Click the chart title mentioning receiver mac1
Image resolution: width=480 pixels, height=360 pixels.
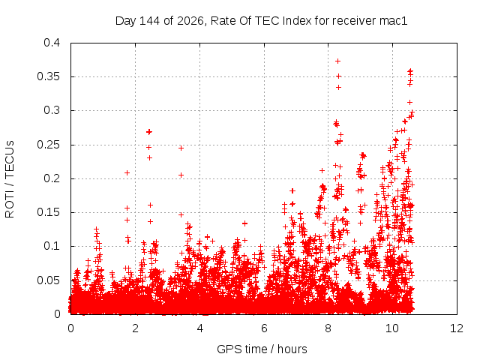(262, 21)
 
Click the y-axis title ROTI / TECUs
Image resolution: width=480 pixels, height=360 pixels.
(10, 179)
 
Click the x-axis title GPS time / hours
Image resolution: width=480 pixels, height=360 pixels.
(262, 349)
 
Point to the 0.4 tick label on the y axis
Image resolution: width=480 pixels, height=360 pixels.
(52, 43)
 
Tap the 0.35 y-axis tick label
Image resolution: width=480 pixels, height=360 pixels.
(48, 76)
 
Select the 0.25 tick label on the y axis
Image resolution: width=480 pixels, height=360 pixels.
(48, 145)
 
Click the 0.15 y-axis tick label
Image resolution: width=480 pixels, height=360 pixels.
(48, 212)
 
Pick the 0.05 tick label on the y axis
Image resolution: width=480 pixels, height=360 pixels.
(48, 280)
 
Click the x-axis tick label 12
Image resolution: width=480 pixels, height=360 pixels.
(457, 328)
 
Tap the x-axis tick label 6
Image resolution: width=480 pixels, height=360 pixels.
(264, 328)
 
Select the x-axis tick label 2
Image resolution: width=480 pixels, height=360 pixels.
(135, 328)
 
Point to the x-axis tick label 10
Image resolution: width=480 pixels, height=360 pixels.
(392, 328)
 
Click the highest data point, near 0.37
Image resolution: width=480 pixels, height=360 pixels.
(337, 61)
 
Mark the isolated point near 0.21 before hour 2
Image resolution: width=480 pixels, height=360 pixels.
(127, 173)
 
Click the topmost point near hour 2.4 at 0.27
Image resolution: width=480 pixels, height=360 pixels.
(149, 132)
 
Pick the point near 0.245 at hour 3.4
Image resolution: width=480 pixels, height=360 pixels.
(181, 148)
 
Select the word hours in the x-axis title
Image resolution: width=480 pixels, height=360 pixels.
(292, 349)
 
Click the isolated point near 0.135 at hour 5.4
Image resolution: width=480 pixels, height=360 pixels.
(244, 223)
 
